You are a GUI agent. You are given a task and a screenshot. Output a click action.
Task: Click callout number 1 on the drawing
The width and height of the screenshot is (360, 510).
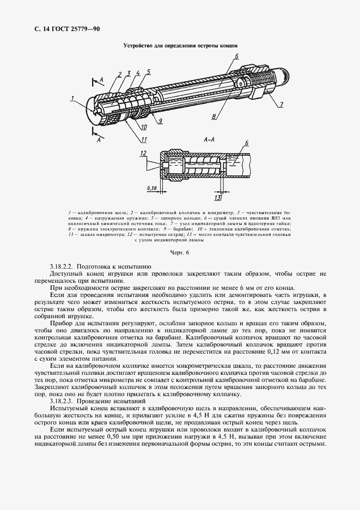coord(72,99)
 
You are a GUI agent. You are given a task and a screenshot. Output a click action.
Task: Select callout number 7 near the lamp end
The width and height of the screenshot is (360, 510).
coord(282,104)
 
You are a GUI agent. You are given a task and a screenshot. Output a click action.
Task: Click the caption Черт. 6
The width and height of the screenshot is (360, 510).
coord(180,253)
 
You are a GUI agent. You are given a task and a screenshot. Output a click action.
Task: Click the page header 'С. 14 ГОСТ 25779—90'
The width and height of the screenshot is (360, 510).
coord(64,28)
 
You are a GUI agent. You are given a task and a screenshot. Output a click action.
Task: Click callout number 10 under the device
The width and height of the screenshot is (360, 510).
coord(144,127)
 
